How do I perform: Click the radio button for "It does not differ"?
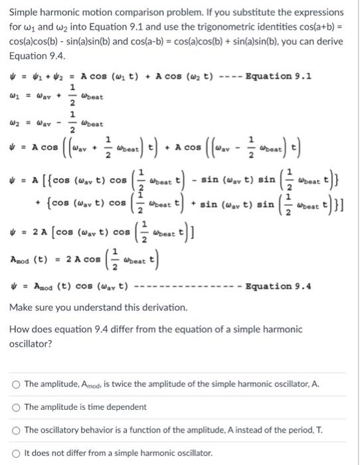pos(15,454)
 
